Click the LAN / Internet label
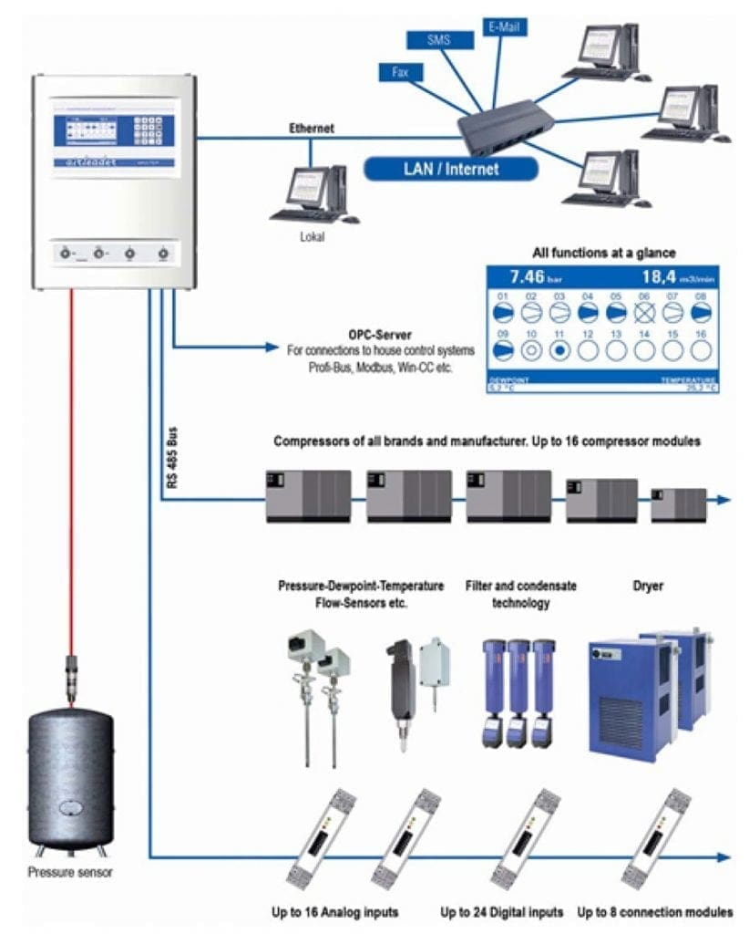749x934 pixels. (450, 168)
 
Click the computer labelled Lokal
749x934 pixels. (312, 193)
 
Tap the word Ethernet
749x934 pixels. (311, 129)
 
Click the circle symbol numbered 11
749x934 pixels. (559, 349)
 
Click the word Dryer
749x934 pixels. (648, 586)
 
